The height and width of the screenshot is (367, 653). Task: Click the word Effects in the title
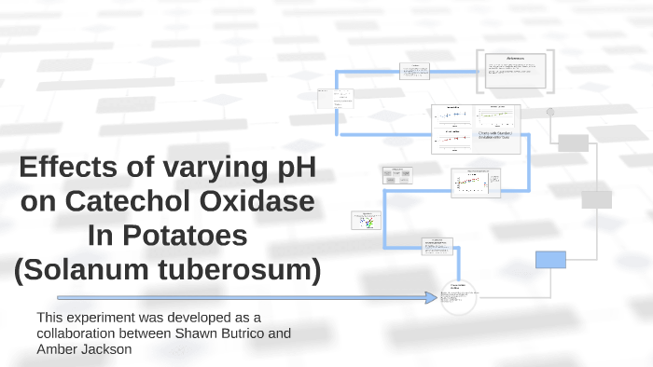pos(66,170)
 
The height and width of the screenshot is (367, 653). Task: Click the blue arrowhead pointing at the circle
pos(432,298)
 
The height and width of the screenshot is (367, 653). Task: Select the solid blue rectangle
pos(550,259)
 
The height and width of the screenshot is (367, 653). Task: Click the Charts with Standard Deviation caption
pos(495,136)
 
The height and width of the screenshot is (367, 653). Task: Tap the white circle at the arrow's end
pos(459,298)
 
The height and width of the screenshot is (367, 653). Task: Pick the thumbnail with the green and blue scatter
pos(367,221)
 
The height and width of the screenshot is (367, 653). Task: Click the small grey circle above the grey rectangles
pos(550,112)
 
